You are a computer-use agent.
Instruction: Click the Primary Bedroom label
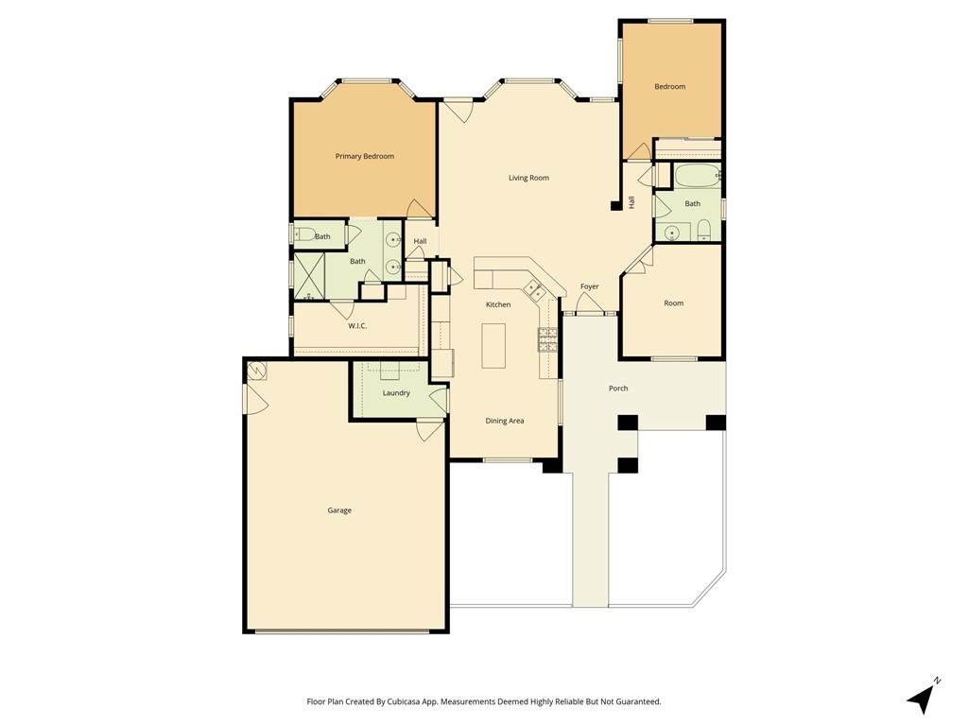[364, 156]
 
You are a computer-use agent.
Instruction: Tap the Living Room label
[528, 178]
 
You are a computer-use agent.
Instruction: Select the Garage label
[339, 510]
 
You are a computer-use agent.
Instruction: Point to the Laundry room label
[396, 393]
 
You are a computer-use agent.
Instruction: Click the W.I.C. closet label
[357, 325]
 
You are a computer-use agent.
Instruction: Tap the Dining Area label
[505, 421]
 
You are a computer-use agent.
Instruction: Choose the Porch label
[618, 389]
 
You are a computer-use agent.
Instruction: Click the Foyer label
[590, 286]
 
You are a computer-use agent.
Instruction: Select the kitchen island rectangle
[493, 346]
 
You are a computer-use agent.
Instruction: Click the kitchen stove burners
[548, 339]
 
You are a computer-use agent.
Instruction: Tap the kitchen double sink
[533, 288]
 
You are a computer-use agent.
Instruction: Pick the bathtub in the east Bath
[697, 176]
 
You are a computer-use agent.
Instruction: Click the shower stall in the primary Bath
[309, 276]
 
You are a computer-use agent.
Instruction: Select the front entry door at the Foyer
[590, 303]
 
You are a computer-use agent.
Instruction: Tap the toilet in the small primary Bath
[303, 234]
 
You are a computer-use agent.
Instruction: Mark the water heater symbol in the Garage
[257, 371]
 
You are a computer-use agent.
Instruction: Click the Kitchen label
[498, 304]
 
